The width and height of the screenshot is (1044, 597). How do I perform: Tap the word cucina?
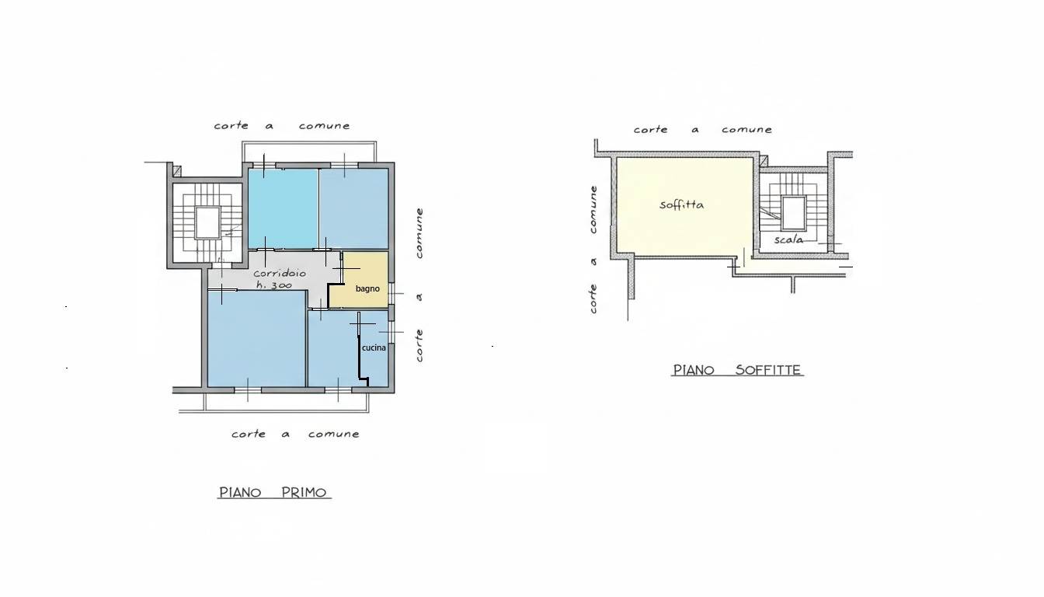374,348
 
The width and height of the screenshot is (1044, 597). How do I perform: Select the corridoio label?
280,274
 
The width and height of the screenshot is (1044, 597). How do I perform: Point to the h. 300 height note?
274,285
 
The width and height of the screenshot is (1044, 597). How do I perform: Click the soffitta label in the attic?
681,204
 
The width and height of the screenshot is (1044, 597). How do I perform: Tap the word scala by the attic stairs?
788,239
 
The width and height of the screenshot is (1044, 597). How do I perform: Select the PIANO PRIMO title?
273,493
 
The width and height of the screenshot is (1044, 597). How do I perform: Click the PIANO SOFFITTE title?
737,370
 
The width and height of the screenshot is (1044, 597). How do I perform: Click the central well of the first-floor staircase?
207,223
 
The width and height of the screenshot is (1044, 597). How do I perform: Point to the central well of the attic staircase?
794,213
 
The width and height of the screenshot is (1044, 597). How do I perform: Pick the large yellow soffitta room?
684,207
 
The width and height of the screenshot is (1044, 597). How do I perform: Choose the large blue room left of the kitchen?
256,339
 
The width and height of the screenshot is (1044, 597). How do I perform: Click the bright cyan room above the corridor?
283,208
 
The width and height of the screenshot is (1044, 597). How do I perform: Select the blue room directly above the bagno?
354,208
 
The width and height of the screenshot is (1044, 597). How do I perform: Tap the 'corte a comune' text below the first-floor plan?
295,435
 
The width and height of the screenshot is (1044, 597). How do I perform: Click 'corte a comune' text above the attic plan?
702,130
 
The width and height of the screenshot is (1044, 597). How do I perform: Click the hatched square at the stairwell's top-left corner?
176,171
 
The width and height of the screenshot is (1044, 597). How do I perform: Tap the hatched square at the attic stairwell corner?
764,162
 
